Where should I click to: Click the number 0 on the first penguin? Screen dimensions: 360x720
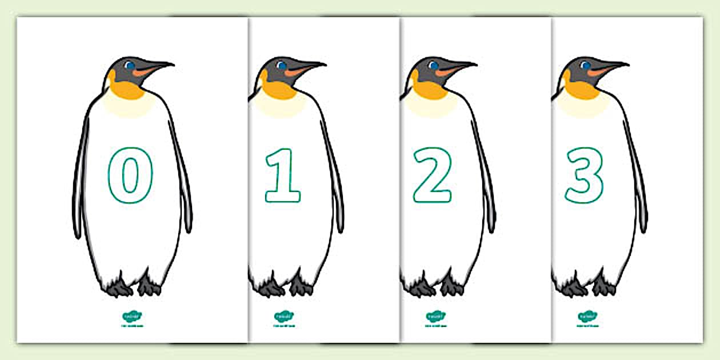131,175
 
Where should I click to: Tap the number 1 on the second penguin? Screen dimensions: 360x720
282,175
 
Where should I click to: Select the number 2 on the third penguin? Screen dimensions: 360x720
433,175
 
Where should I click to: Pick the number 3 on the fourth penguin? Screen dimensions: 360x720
585,175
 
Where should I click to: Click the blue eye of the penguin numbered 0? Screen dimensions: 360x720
130,66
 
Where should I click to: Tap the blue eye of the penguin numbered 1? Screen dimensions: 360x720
281,66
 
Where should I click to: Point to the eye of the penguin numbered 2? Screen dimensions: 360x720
433,66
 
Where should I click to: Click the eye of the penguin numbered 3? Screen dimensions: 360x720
584,66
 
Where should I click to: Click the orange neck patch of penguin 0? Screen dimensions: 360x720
126,89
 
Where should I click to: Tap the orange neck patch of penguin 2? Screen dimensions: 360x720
429,89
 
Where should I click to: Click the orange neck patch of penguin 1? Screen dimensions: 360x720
277,89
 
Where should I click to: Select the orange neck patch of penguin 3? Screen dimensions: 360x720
580,89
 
